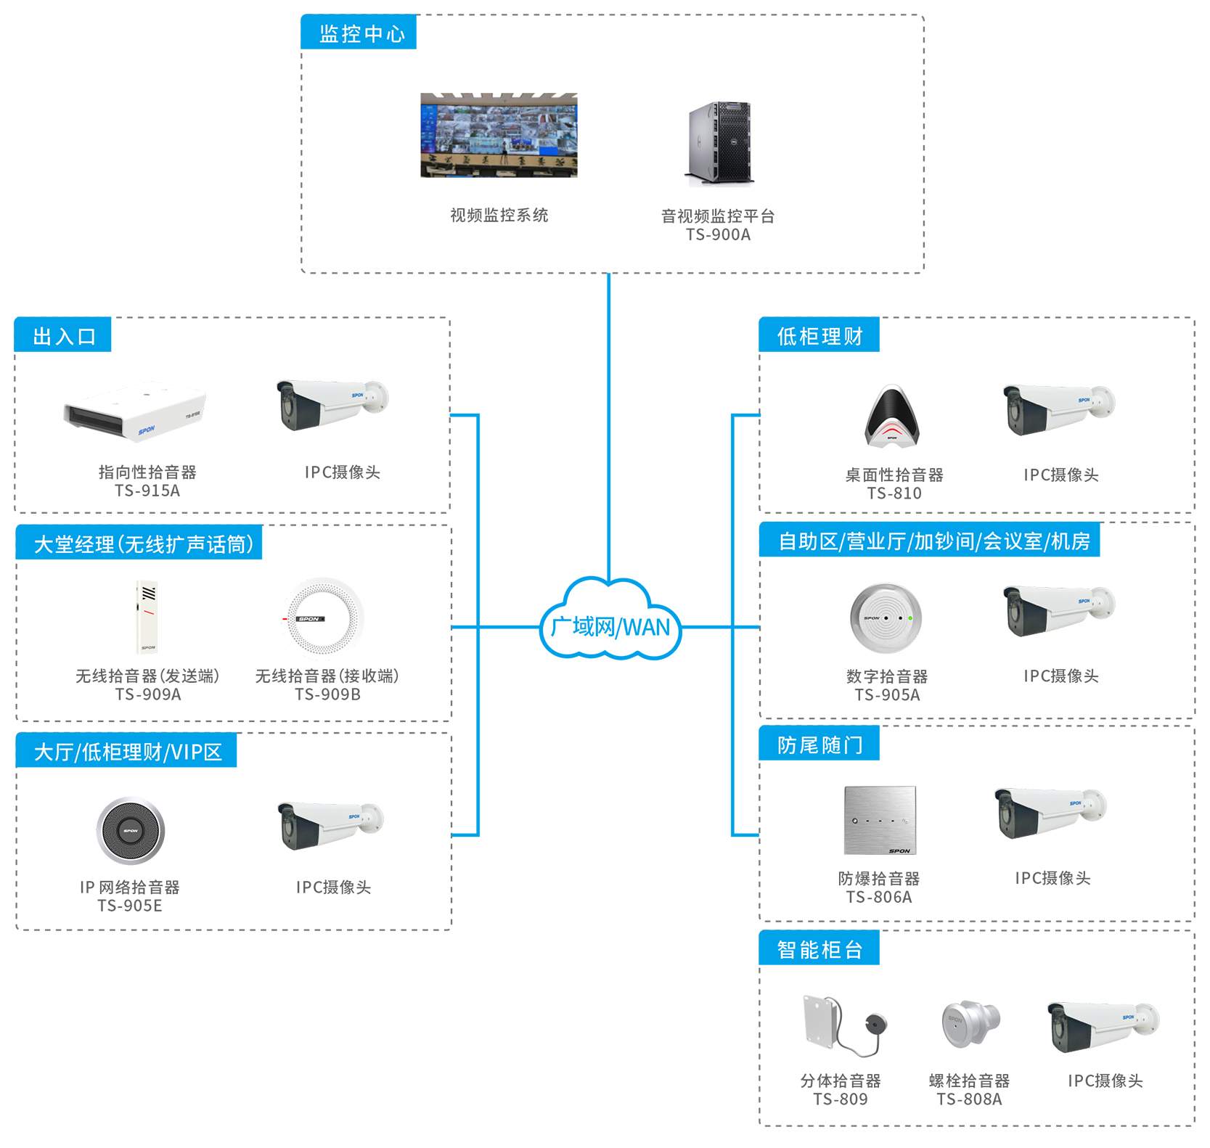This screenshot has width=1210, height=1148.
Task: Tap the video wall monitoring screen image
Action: tap(499, 135)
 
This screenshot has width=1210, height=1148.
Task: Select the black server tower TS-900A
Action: tap(719, 144)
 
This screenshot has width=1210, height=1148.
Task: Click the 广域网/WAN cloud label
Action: tap(610, 626)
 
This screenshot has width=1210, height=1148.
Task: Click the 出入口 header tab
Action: tap(63, 335)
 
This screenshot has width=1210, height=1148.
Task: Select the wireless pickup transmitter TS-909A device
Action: tap(147, 617)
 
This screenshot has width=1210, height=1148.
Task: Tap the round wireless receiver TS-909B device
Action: tap(322, 618)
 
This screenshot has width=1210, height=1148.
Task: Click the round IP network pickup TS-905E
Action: tap(131, 831)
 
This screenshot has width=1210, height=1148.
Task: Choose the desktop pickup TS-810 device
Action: tap(892, 417)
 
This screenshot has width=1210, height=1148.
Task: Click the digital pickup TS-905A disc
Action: tap(886, 618)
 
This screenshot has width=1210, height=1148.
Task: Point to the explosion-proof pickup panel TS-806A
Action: tap(880, 820)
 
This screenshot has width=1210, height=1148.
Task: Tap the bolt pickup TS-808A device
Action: tap(970, 1023)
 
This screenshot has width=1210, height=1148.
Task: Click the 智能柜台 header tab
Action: tap(819, 948)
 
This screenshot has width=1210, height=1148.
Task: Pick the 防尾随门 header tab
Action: tap(819, 744)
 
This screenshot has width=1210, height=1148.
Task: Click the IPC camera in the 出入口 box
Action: tap(332, 403)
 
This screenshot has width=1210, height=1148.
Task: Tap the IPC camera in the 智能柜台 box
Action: tap(1103, 1027)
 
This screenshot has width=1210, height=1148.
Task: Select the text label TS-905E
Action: tap(130, 906)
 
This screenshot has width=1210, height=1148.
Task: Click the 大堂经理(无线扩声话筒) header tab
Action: tap(139, 543)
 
